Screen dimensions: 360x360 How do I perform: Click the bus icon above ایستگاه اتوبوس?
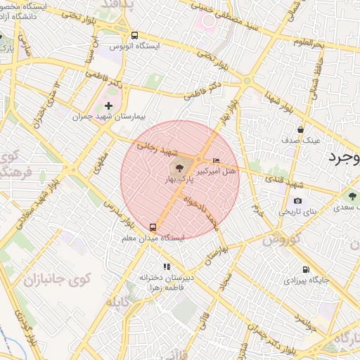[x=134, y=35]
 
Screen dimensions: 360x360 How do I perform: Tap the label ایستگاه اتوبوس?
[x=134, y=46]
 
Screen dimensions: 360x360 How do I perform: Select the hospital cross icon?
[x=108, y=105]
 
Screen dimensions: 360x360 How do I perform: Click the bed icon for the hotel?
[x=216, y=161]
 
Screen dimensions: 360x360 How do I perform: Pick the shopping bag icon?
[x=301, y=129]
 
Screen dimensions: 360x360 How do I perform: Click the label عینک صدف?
[x=301, y=140]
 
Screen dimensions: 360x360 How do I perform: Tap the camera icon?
[x=298, y=200]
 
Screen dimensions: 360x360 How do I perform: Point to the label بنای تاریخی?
[x=298, y=211]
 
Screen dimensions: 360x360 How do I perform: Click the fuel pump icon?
[x=305, y=269]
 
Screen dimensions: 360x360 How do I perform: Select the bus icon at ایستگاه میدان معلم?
[x=153, y=227]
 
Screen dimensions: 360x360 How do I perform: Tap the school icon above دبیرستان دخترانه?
[x=167, y=266]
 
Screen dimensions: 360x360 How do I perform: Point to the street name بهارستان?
[x=215, y=254]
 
